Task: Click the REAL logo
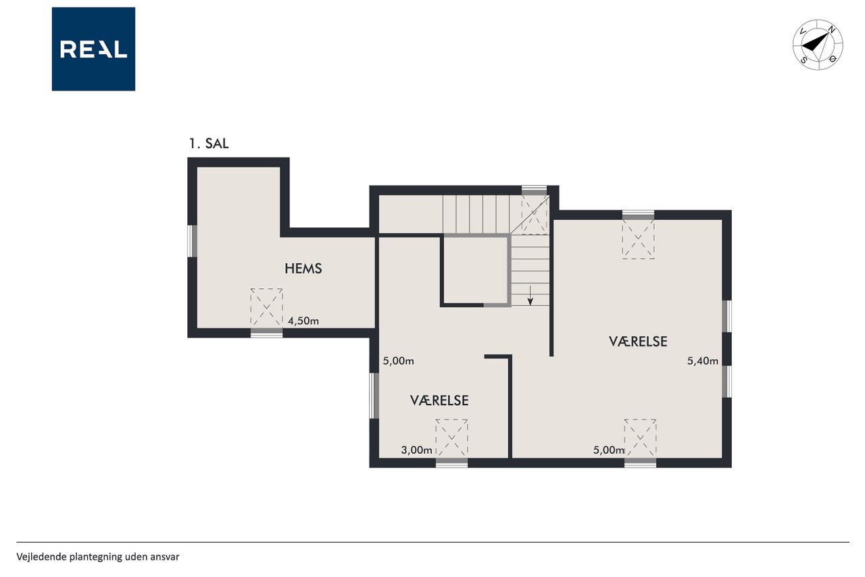click(93, 49)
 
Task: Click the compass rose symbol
click(818, 45)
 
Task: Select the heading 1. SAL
click(209, 143)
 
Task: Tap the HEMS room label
click(303, 269)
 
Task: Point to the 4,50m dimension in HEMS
click(303, 321)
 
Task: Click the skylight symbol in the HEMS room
click(266, 307)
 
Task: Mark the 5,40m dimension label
click(702, 361)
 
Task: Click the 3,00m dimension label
click(416, 450)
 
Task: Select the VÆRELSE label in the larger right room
click(638, 341)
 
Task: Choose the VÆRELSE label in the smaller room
click(439, 400)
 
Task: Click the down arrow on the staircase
click(530, 296)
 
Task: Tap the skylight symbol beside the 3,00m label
click(451, 438)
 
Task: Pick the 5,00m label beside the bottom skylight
click(609, 450)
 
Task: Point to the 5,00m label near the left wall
click(398, 361)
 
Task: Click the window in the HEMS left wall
click(192, 241)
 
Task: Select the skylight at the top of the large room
click(638, 239)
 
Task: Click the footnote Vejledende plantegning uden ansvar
click(98, 557)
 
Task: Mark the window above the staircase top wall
click(534, 190)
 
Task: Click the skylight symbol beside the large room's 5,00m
click(640, 438)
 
